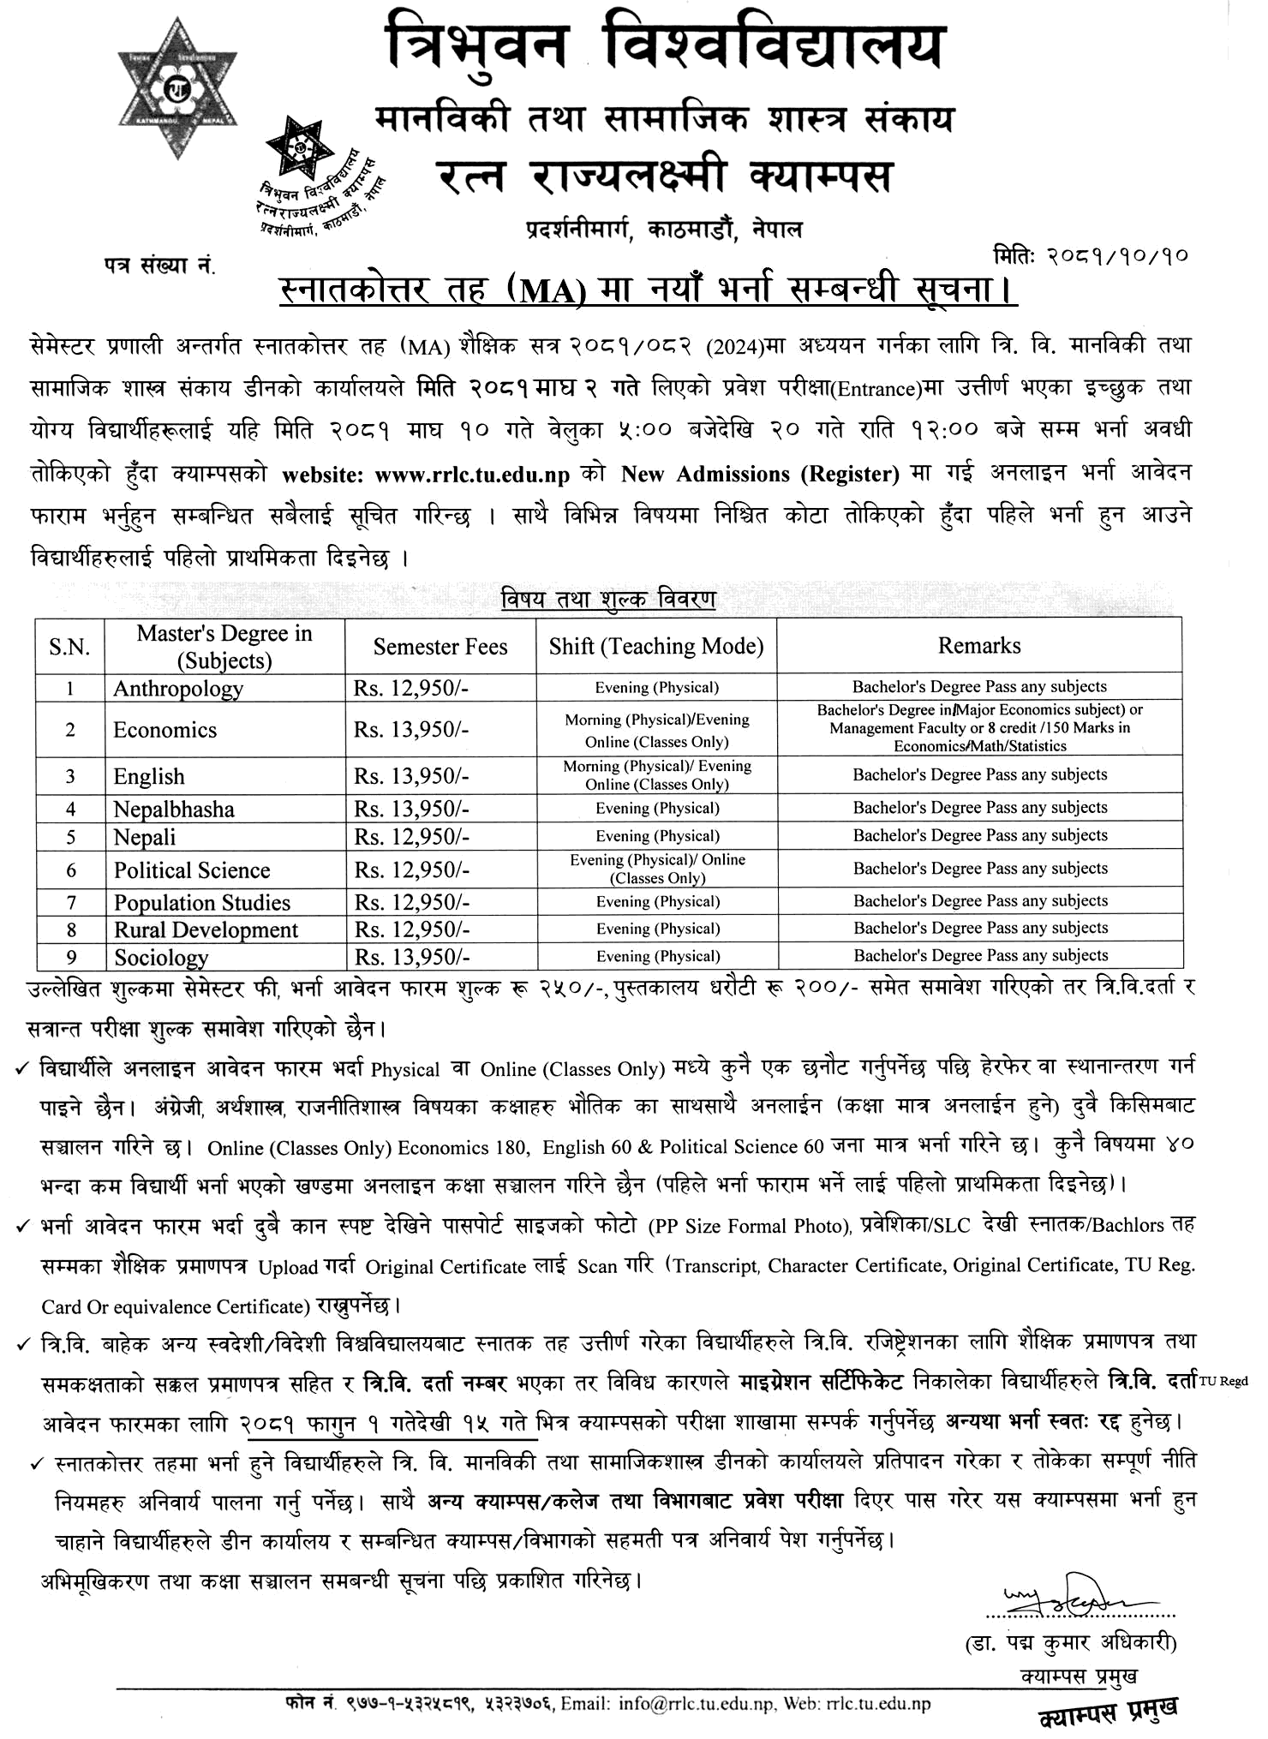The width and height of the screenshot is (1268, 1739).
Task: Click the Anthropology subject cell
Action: click(x=178, y=689)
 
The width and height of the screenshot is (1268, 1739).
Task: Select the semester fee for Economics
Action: click(x=411, y=730)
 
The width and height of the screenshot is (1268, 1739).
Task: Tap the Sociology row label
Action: click(x=161, y=958)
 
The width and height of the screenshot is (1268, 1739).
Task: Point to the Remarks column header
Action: click(x=979, y=646)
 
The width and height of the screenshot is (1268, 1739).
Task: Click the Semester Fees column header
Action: click(x=440, y=647)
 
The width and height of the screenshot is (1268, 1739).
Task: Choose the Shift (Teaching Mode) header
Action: click(x=656, y=646)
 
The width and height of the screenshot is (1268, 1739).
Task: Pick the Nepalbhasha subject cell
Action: click(x=174, y=810)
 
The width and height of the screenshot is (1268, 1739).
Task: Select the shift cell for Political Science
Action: click(x=657, y=869)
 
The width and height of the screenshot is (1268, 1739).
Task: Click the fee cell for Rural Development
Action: click(x=412, y=929)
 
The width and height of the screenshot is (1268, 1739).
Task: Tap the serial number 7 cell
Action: click(x=71, y=902)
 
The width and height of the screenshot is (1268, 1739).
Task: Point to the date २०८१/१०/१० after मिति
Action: click(x=1117, y=256)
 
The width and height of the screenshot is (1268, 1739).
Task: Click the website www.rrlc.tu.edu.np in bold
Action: click(x=472, y=475)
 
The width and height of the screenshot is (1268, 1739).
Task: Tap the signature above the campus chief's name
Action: click(x=1071, y=1595)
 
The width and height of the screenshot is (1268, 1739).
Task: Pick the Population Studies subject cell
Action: click(x=202, y=903)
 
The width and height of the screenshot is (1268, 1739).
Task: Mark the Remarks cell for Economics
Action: click(x=979, y=728)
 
